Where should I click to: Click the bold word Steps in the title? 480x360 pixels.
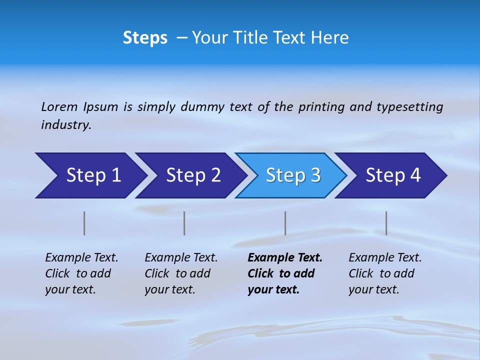pyautogui.click(x=145, y=38)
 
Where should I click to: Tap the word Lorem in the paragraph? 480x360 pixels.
pyautogui.click(x=59, y=106)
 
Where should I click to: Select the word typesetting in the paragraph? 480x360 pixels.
pyautogui.click(x=409, y=106)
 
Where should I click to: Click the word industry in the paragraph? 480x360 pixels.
pyautogui.click(x=65, y=124)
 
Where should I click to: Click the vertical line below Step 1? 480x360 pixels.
pyautogui.click(x=84, y=223)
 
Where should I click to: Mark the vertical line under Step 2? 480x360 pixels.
pyautogui.click(x=184, y=223)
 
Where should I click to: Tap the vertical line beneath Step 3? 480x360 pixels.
pyautogui.click(x=285, y=223)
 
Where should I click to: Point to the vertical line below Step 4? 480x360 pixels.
pyautogui.click(x=386, y=223)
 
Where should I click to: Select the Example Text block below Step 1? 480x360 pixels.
pyautogui.click(x=81, y=273)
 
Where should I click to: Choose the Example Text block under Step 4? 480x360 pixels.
pyautogui.click(x=385, y=273)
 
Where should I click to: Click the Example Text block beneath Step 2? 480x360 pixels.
pyautogui.click(x=181, y=273)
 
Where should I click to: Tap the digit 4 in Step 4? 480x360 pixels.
pyautogui.click(x=415, y=175)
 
